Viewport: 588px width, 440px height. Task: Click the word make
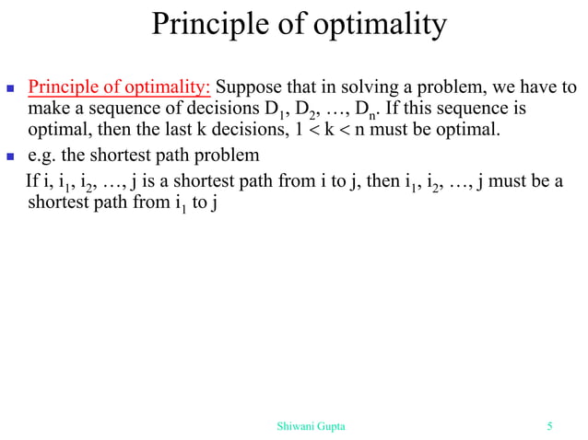pyautogui.click(x=48, y=110)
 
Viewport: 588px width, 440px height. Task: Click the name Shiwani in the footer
pyautogui.click(x=296, y=425)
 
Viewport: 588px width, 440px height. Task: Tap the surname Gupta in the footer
pyautogui.click(x=333, y=425)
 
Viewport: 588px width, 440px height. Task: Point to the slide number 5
pyautogui.click(x=550, y=425)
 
